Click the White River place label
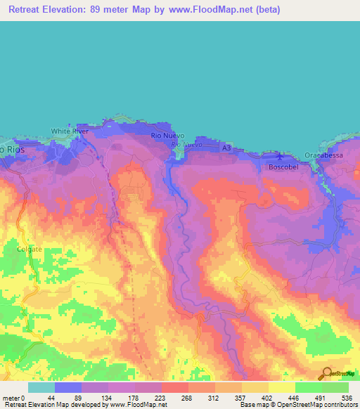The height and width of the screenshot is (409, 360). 67,131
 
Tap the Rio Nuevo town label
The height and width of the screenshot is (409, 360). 168,135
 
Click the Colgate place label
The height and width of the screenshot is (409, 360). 30,248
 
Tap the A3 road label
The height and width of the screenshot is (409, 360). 226,149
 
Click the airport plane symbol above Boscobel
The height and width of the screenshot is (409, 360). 280,156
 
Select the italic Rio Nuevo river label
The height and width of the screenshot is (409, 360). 187,145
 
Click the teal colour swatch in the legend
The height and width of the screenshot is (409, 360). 41,387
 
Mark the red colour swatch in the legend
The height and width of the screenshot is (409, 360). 175,387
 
